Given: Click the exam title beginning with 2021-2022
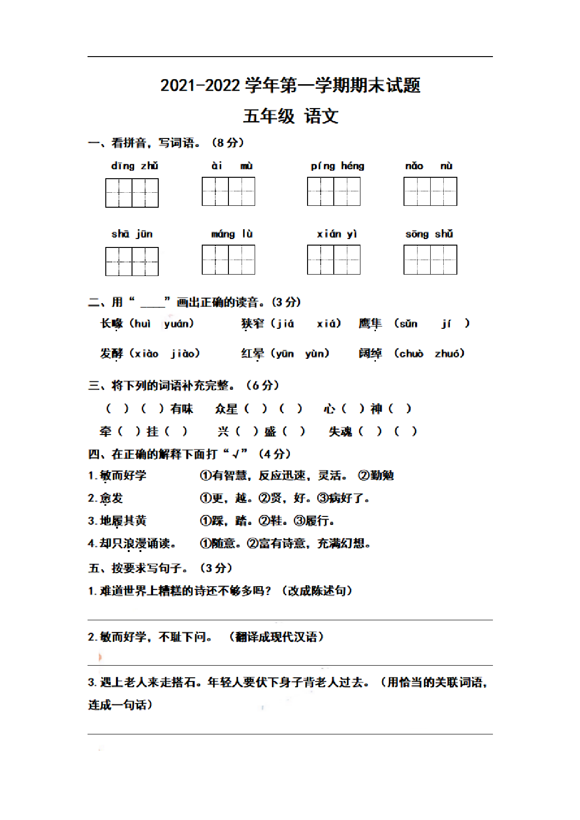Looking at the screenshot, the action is point(290,86).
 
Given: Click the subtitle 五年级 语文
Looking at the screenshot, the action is point(290,116).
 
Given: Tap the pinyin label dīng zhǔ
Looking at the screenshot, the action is point(134,166).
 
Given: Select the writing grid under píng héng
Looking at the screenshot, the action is point(334,192).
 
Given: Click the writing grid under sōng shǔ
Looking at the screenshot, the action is point(430,260).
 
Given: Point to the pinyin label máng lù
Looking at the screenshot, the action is point(232,234).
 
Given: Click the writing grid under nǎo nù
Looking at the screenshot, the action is point(430,192).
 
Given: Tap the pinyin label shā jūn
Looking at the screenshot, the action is point(132,234).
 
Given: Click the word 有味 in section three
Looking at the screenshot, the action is point(182,409).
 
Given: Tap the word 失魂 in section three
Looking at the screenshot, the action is point(340,432).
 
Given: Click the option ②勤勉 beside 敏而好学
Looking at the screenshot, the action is point(376,476).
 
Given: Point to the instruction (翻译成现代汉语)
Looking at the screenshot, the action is point(276,637).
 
